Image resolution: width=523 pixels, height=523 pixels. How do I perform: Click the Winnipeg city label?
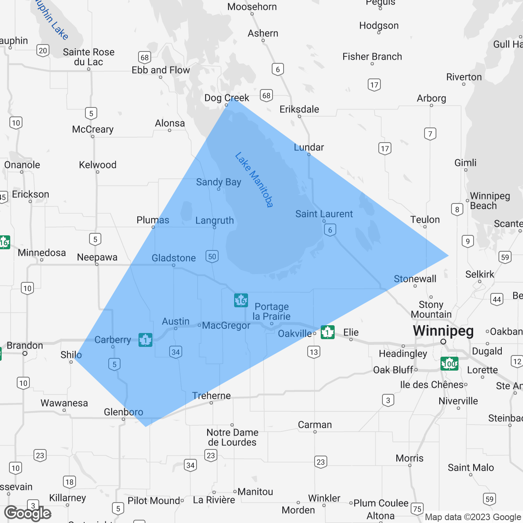coord(443,331)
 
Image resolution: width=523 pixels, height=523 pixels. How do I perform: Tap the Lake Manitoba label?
coord(254,179)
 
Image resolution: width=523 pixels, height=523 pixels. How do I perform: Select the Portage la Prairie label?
coord(272,311)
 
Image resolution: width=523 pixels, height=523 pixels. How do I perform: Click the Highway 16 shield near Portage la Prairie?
coord(241,300)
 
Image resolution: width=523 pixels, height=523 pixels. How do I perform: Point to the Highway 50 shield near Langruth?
coord(212,257)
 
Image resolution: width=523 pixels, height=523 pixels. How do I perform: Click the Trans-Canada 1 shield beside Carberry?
coord(145,340)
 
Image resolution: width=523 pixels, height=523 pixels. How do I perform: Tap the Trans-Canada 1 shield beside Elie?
coord(328,332)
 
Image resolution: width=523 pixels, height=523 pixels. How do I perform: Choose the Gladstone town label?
coord(174,258)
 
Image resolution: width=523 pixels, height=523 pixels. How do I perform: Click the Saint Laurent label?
coord(324,214)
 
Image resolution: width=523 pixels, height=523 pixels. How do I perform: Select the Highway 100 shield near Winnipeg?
coord(449,363)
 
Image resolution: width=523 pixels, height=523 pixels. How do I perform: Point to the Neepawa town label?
coord(97,257)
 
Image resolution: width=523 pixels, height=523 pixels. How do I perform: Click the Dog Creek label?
coord(227,98)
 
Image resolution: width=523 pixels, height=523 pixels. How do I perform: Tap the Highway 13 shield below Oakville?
coord(314,352)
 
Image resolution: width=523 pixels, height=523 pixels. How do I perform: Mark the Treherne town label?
coord(212,396)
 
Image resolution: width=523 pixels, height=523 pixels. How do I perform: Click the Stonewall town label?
coord(415,279)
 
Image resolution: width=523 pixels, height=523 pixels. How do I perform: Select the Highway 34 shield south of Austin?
coord(176,352)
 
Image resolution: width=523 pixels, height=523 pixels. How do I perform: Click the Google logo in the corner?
coord(28,513)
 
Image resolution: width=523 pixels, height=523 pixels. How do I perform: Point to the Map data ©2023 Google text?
coord(473,517)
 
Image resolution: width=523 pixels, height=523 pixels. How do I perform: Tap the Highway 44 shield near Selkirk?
coord(497,299)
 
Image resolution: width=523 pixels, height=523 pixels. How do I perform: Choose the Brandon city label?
coord(25,345)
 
